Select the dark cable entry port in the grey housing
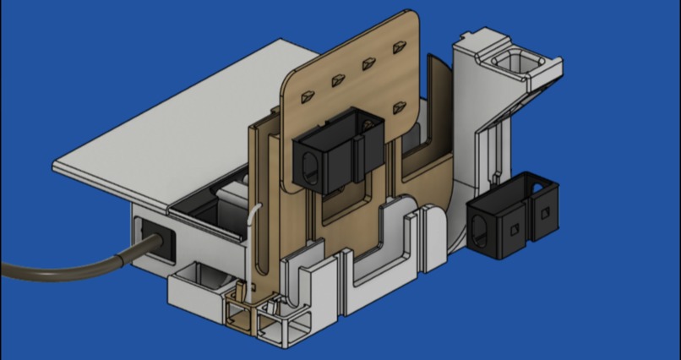(157, 237)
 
